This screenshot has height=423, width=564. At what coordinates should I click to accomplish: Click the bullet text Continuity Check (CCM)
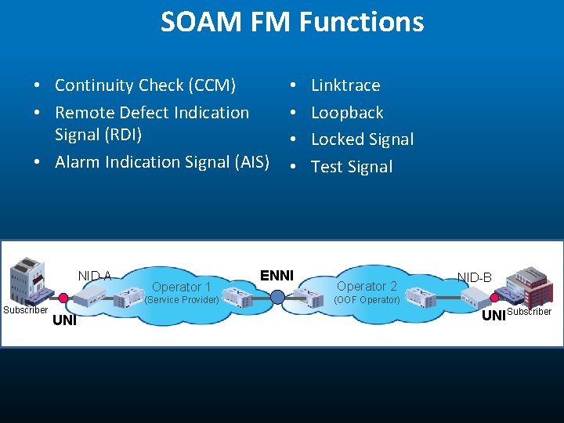coord(145,85)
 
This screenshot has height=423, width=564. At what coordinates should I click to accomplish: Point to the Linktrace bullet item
coord(345,85)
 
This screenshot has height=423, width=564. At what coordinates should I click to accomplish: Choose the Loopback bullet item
coord(347,112)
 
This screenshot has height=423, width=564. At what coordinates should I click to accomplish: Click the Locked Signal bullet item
coord(362,139)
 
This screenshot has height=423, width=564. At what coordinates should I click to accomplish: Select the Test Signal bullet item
coord(352,166)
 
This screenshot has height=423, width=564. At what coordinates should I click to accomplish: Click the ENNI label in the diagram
coord(277,275)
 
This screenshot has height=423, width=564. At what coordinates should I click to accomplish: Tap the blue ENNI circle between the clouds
coord(277,296)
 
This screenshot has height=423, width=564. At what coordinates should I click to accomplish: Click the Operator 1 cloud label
coord(181,287)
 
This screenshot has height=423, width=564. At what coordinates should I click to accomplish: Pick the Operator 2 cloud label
coord(367,286)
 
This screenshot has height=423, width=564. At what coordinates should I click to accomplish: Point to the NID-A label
coord(95,276)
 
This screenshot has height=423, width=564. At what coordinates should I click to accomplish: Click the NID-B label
coord(475,277)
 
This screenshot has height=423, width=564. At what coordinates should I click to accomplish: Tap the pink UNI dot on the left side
coord(63,297)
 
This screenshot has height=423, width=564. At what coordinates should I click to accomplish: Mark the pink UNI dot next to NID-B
coord(494,298)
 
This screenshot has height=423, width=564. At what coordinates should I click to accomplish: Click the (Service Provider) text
coord(183,300)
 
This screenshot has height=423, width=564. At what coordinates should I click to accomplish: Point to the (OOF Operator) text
coord(367,300)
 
